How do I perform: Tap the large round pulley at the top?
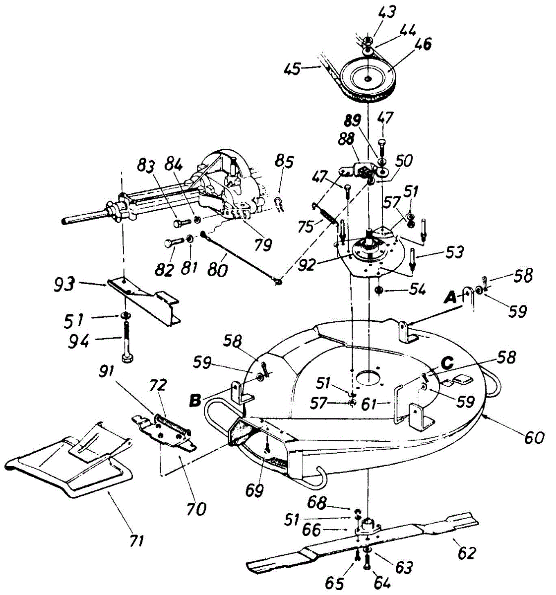[368, 78]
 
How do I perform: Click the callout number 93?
[64, 284]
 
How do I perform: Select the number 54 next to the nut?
[417, 289]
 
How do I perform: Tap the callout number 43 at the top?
[387, 12]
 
